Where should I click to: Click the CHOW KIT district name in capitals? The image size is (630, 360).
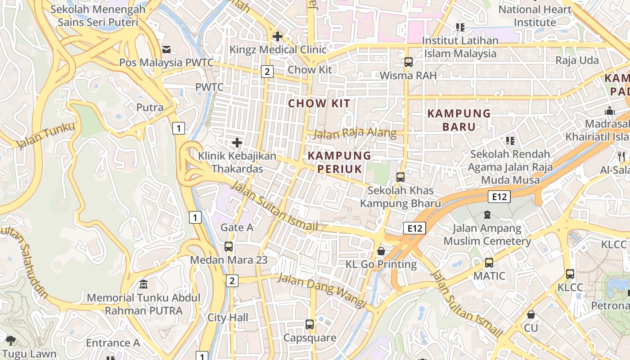pos(319,103)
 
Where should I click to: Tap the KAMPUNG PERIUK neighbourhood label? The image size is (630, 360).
pos(340,162)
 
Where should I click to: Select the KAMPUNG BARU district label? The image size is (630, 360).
pos(459,120)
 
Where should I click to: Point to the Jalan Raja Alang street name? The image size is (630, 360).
pos(355,134)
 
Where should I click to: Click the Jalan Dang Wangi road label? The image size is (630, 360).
pos(321,290)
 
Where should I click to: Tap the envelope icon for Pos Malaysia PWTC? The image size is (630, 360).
pos(166,49)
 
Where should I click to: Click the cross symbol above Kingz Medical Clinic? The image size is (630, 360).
pos(278,36)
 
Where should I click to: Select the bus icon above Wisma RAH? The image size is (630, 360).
pos(408,62)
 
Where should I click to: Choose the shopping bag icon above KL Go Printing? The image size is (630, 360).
pos(381,251)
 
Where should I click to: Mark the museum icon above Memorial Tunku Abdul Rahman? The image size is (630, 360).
pos(144,284)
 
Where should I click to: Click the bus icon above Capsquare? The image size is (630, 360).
pos(310,324)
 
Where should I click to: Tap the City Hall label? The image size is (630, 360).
pos(228,318)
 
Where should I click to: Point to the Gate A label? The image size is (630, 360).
pos(237,228)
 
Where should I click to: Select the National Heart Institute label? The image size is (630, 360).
pos(535,16)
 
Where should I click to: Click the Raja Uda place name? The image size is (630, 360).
pos(577,60)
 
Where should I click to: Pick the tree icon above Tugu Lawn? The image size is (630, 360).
pos(11,341)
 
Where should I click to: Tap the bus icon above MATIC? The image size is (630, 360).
pos(489,262)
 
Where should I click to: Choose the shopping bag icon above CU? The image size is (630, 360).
pos(531,315)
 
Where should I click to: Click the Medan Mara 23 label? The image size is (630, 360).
pos(229,260)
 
